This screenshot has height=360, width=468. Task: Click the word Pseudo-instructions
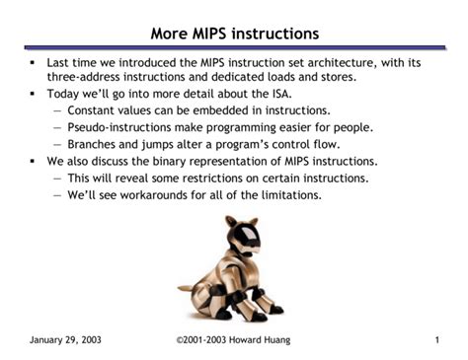[x=116, y=127]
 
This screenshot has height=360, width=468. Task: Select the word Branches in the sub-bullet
[x=95, y=144]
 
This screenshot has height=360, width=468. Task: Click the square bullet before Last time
[x=33, y=62]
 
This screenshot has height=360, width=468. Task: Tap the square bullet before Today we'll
[x=33, y=95]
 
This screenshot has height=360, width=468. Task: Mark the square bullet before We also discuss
[x=33, y=161]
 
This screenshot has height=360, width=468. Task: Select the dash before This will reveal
[x=57, y=178]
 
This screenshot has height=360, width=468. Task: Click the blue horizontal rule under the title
[x=234, y=47]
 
